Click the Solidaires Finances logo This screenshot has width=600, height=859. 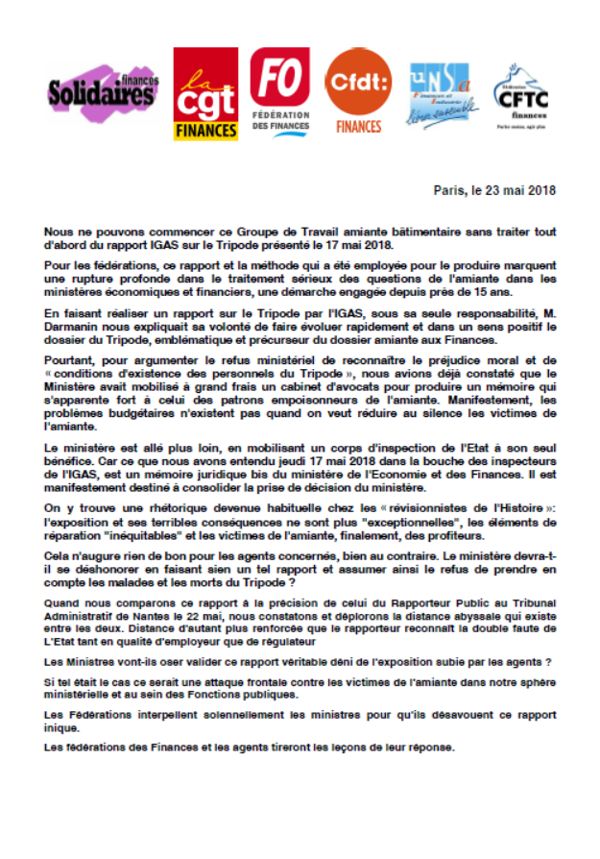[104, 94]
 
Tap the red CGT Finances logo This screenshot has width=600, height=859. [205, 94]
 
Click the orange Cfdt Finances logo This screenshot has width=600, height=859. [359, 92]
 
